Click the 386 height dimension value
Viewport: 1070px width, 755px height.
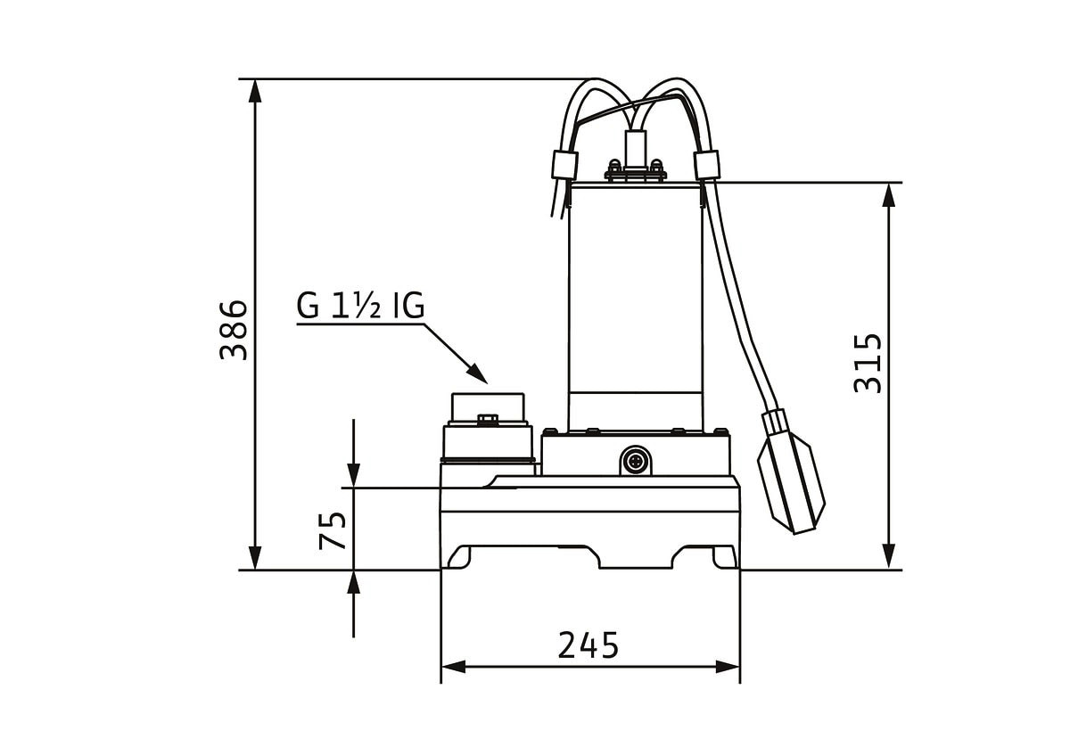(234, 330)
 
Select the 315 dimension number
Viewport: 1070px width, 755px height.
(868, 364)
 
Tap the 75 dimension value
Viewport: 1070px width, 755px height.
(333, 530)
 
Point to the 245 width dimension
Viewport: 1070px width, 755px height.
(588, 645)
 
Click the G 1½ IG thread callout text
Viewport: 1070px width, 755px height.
(360, 306)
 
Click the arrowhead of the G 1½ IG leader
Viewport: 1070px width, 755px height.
(477, 373)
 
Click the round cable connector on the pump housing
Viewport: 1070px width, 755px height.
(636, 461)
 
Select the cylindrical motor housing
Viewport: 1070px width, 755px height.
(636, 306)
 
